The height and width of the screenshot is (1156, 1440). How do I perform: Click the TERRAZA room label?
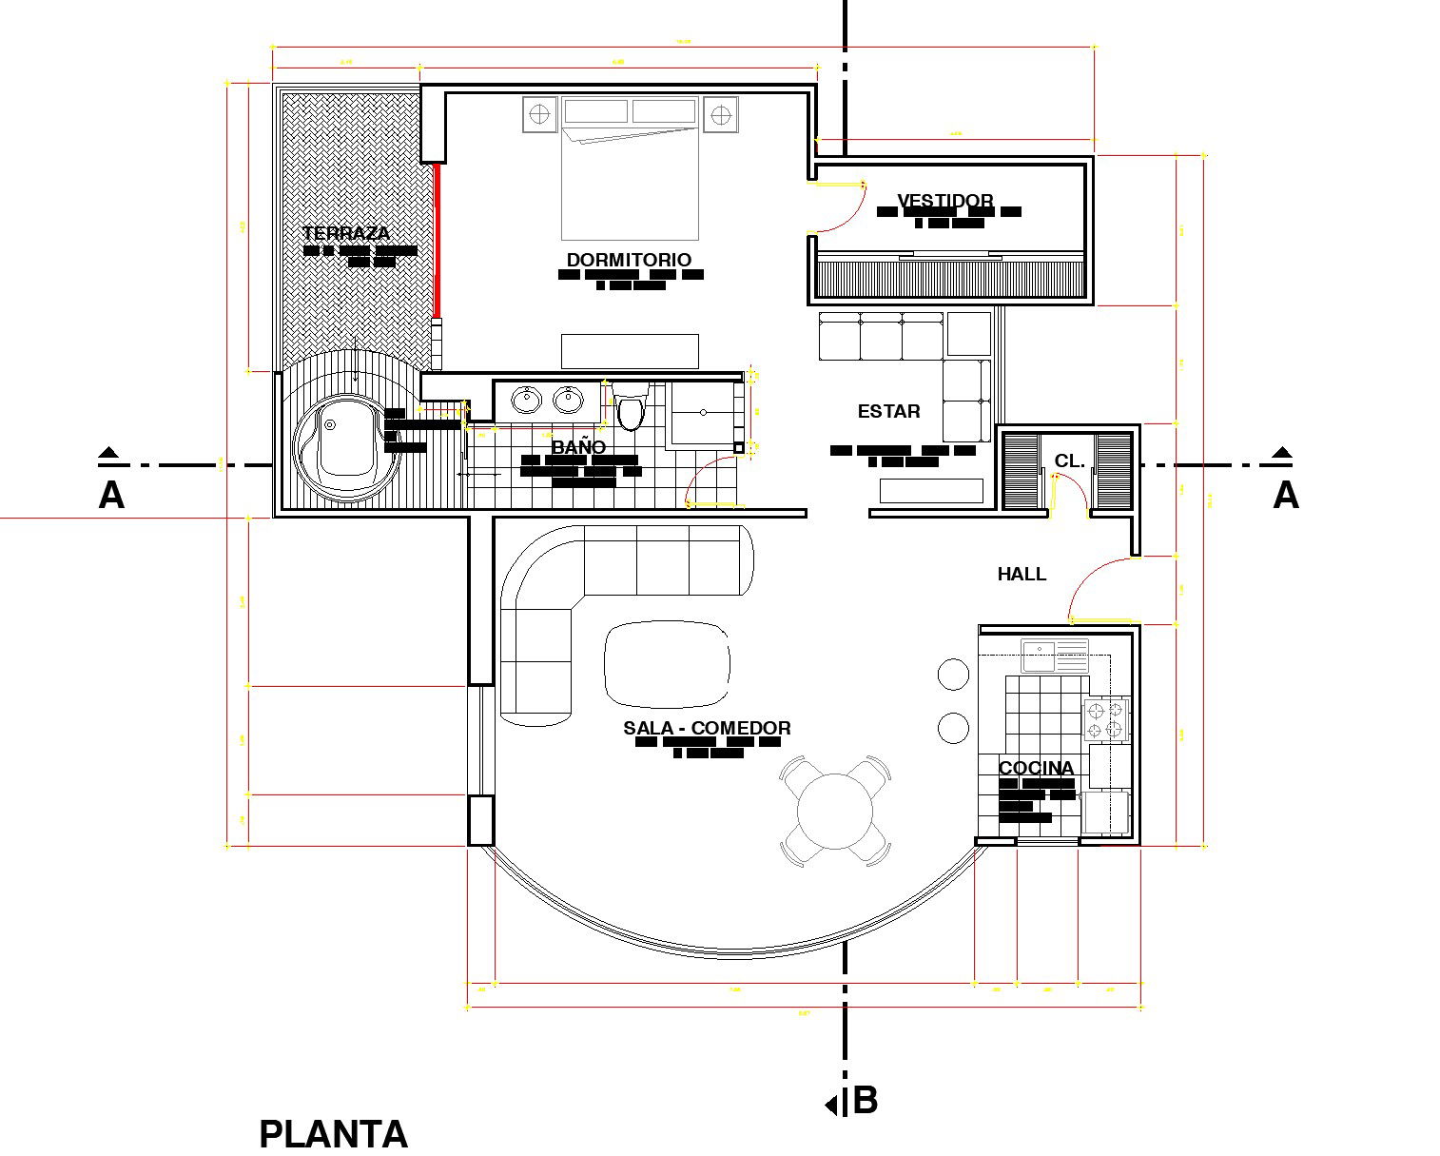[x=346, y=233]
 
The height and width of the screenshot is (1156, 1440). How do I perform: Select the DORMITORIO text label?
[x=629, y=260]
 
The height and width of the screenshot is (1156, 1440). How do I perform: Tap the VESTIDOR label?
[x=945, y=201]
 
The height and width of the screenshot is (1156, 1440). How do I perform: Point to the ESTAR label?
[x=888, y=411]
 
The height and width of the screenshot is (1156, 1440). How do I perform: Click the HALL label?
[x=1022, y=574]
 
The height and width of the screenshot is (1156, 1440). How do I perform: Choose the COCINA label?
[x=1036, y=768]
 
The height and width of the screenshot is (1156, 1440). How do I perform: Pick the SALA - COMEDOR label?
[x=707, y=728]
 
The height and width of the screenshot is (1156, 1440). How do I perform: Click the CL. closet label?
[x=1069, y=461]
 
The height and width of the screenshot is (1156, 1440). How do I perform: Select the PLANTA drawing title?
[x=333, y=1134]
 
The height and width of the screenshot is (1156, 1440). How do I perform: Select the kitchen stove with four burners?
[x=1106, y=719]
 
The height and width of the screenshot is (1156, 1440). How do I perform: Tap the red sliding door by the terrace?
[x=438, y=240]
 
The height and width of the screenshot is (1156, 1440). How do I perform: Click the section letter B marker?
[x=864, y=1100]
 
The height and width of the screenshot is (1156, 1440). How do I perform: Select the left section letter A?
[x=111, y=496]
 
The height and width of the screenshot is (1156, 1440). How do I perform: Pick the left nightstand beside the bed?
[x=539, y=115]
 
